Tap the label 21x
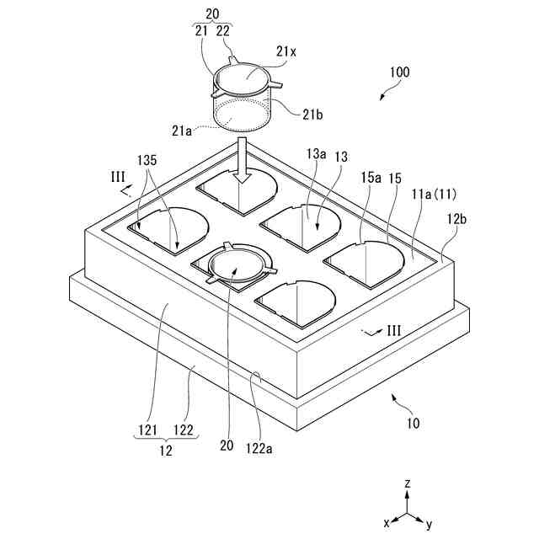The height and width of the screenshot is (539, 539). coord(286,51)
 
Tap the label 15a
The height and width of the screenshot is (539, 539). coord(371,178)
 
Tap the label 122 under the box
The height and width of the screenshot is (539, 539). coord(183,430)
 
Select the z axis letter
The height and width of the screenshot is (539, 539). coord(407,483)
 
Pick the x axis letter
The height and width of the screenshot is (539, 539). coord(386,522)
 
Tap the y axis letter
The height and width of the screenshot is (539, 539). coord(429,524)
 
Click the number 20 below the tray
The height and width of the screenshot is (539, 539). coord(227,447)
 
